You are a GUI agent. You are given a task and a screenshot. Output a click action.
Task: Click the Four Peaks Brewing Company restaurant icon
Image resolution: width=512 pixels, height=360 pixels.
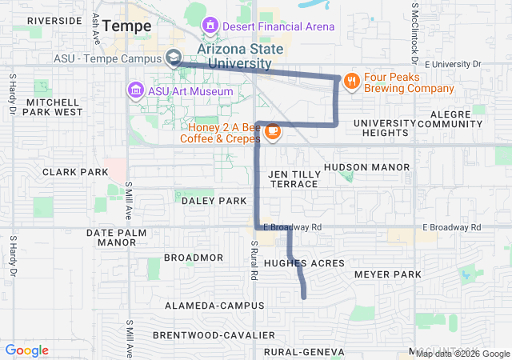[x=350, y=81]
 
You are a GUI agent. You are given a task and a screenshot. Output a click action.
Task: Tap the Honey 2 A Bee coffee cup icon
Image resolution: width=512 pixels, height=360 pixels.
[x=272, y=130]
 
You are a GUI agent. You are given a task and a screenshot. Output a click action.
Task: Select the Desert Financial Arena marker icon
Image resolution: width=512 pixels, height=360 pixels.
[x=210, y=26]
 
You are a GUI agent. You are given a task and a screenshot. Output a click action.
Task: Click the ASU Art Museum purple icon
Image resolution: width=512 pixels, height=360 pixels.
[x=134, y=90]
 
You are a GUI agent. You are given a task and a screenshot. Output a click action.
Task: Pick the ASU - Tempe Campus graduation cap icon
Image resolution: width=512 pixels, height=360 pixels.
[x=173, y=58]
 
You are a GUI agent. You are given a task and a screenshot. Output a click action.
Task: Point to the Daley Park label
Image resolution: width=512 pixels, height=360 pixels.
[x=214, y=201]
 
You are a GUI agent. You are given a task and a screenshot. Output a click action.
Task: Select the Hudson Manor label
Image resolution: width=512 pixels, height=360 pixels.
[x=366, y=167]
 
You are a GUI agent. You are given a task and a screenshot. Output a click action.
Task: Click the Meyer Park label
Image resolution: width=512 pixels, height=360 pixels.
[x=387, y=274]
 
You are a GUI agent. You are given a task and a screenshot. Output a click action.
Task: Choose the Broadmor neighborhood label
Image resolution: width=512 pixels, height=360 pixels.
[x=193, y=258]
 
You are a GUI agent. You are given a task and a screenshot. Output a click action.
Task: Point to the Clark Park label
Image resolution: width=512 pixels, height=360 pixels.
[x=75, y=172]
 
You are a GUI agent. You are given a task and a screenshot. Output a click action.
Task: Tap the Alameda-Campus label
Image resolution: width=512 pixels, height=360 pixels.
[x=214, y=306]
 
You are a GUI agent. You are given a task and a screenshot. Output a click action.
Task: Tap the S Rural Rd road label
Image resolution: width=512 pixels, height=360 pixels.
[x=254, y=260]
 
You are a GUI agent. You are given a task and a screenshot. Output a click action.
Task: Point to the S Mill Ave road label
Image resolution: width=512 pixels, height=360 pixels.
[x=128, y=202]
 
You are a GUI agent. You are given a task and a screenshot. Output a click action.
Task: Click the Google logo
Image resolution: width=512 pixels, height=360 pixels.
[x=27, y=350]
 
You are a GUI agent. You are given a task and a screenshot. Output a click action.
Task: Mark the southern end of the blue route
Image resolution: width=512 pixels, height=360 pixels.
[x=304, y=298]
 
